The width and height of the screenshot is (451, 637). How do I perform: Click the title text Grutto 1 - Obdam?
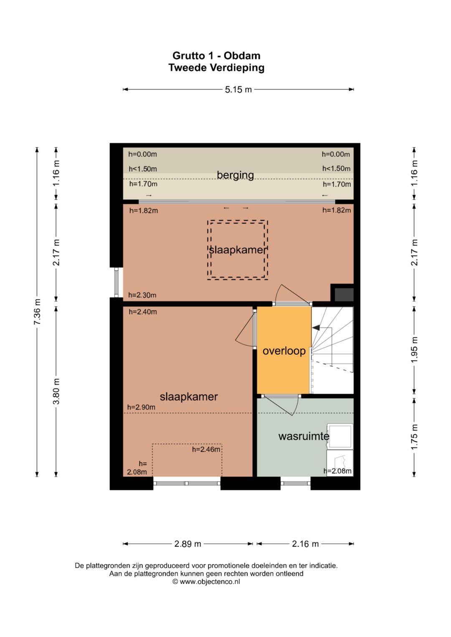click(x=216, y=55)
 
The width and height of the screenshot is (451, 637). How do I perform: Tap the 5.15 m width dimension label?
click(x=238, y=90)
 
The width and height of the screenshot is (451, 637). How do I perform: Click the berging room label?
click(x=235, y=175)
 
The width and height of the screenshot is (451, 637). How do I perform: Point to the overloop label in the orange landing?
click(x=284, y=351)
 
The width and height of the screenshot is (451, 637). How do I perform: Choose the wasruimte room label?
click(x=304, y=436)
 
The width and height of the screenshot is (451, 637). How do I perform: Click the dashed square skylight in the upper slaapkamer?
click(x=238, y=250)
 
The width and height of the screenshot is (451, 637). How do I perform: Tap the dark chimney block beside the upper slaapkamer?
click(x=344, y=295)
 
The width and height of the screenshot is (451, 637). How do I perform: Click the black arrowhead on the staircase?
click(x=316, y=328)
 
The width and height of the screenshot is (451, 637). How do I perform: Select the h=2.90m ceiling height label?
click(x=141, y=407)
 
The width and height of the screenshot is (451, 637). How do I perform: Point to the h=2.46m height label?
click(x=206, y=449)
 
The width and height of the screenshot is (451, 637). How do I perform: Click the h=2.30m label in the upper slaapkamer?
click(x=142, y=295)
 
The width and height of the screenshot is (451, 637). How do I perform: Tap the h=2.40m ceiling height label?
click(x=143, y=312)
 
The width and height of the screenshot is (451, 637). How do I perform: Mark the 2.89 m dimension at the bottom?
click(x=187, y=544)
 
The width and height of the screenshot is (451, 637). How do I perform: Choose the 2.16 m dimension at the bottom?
click(x=305, y=544)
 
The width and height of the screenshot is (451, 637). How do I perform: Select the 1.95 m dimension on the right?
click(x=415, y=350)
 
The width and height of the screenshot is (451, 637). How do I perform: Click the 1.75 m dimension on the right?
click(x=415, y=437)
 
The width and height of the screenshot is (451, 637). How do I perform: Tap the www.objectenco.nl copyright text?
click(x=206, y=582)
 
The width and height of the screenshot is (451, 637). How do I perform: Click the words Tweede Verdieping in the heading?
click(x=216, y=68)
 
